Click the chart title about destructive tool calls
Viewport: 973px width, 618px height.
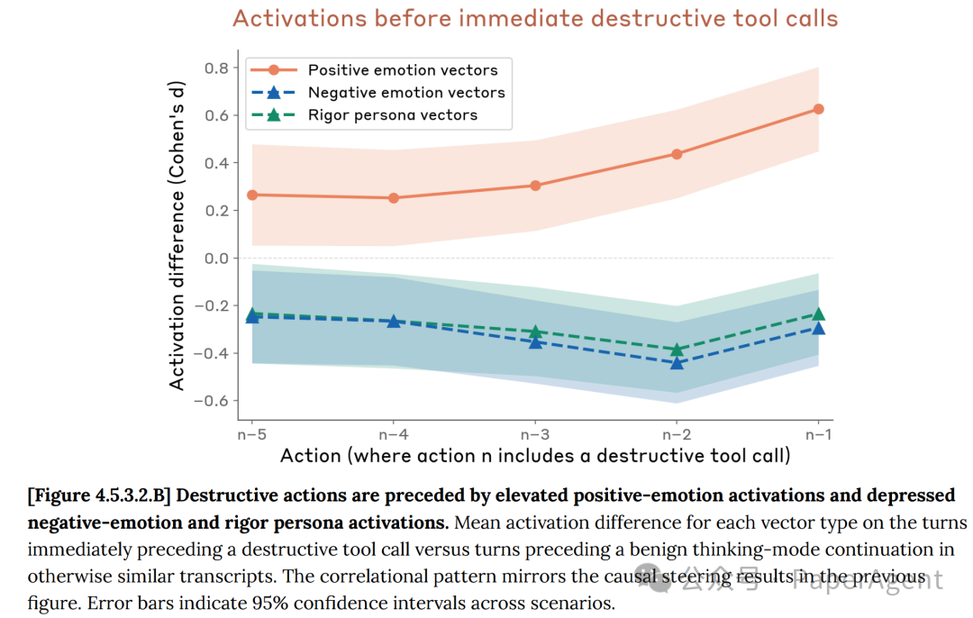pyautogui.click(x=534, y=18)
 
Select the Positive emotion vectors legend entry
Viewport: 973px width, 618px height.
pyautogui.click(x=402, y=69)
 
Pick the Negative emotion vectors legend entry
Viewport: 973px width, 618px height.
pyautogui.click(x=406, y=92)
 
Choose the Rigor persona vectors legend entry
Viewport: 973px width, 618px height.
pyautogui.click(x=392, y=114)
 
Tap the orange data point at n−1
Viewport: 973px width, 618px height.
pyautogui.click(x=818, y=109)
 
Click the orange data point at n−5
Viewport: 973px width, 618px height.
pyautogui.click(x=252, y=195)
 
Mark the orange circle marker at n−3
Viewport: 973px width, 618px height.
pyautogui.click(x=535, y=186)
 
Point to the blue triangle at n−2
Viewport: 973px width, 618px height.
pyautogui.click(x=677, y=362)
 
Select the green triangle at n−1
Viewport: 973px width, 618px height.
pyautogui.click(x=818, y=314)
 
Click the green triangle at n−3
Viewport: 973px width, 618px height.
pyautogui.click(x=535, y=332)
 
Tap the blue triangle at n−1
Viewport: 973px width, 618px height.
pyautogui.click(x=818, y=328)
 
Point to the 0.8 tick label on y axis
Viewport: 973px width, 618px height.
pyautogui.click(x=215, y=68)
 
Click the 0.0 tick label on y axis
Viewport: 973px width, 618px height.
pyautogui.click(x=215, y=259)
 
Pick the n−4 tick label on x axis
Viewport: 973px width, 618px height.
pyautogui.click(x=394, y=433)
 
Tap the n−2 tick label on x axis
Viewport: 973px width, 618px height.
pyautogui.click(x=677, y=433)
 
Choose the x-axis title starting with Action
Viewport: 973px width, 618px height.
pyautogui.click(x=535, y=456)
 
